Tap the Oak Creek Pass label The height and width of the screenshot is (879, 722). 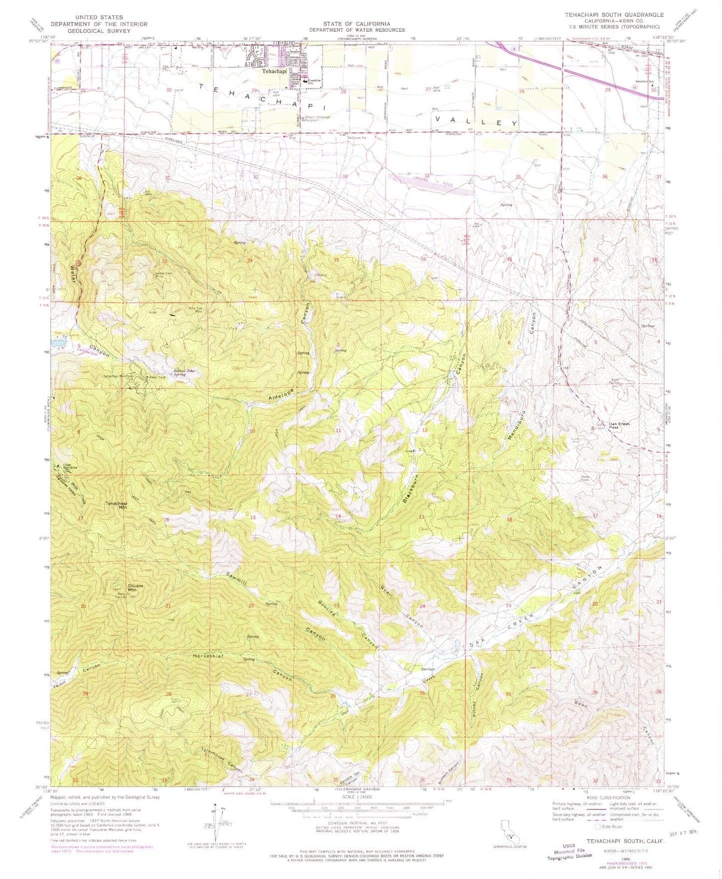click(x=620, y=426)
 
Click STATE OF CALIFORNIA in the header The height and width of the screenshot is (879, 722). click(x=356, y=23)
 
